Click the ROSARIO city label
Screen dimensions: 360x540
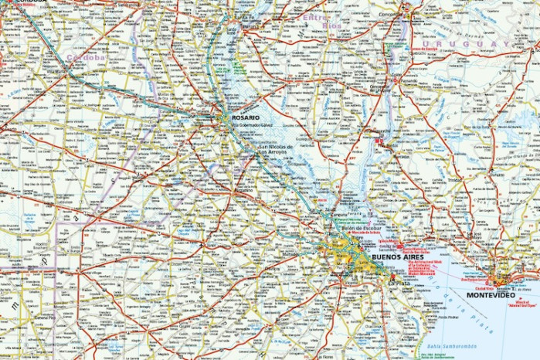(246, 117)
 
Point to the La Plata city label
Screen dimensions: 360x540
(399, 284)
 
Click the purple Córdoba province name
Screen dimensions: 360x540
(86, 57)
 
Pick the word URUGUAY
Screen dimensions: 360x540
(472, 45)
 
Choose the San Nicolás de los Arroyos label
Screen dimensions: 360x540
(277, 148)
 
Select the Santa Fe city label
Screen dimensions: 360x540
(246, 16)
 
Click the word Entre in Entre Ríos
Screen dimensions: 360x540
(315, 15)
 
